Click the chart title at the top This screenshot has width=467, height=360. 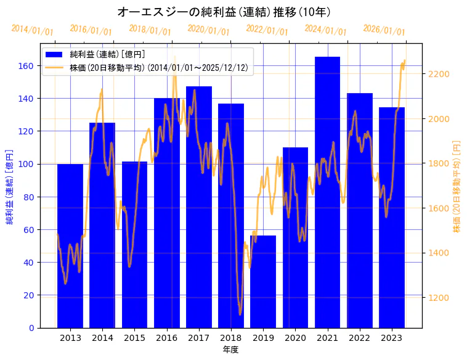point(224,12)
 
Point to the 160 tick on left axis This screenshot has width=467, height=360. point(28,66)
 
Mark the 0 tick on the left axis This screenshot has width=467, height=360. point(31,328)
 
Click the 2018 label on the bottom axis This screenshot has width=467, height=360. point(231,338)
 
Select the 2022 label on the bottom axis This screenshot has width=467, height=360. point(359,338)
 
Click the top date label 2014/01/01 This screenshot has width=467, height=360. point(32,30)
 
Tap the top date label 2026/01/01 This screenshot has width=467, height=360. point(384,30)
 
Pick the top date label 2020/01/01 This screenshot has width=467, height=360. point(208,30)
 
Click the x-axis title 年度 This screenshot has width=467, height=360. point(230,350)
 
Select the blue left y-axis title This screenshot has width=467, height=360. point(10,186)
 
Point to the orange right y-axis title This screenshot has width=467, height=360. point(457,186)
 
